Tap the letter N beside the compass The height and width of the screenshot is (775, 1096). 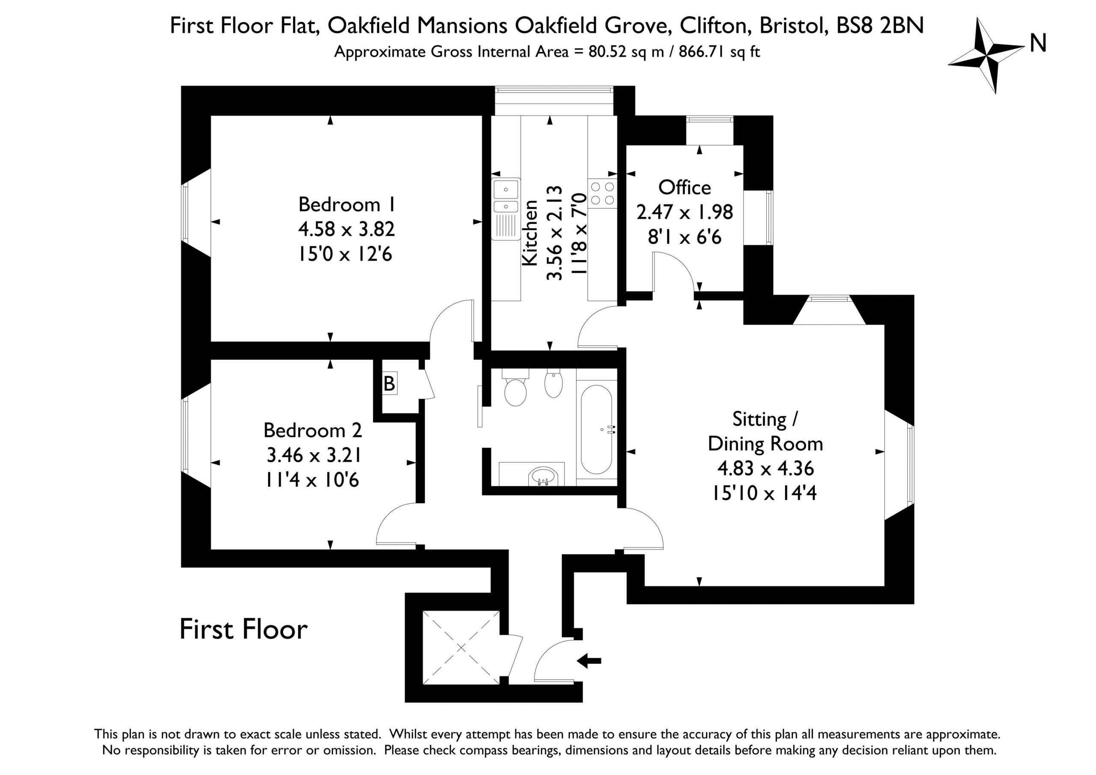(x=1038, y=43)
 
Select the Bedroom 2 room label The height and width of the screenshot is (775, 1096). (x=313, y=431)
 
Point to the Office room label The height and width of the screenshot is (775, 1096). (x=685, y=187)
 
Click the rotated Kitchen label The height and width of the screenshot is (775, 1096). (x=530, y=233)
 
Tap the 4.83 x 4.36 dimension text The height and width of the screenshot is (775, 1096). (x=765, y=468)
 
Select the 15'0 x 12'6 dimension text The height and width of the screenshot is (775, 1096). (x=345, y=254)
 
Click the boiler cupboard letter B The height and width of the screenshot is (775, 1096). (x=390, y=384)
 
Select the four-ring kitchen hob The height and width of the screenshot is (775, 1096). (x=602, y=194)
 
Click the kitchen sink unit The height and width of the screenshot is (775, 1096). (x=506, y=209)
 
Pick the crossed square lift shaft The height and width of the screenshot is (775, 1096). (x=461, y=647)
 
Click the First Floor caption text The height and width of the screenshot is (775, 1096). (x=244, y=630)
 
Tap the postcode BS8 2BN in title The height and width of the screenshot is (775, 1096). (x=880, y=25)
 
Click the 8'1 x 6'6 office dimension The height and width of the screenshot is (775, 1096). (x=685, y=237)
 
